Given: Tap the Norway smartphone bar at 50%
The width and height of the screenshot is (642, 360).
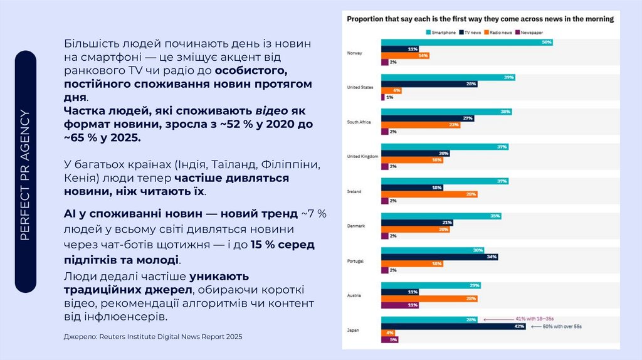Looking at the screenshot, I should click(x=467, y=42).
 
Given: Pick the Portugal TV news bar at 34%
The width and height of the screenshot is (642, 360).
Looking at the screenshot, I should click(x=439, y=256).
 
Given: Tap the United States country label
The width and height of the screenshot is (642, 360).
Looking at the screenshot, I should click(x=360, y=87).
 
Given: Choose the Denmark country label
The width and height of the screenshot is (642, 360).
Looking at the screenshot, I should click(x=355, y=225).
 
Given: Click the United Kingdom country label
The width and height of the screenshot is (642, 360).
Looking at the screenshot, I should click(x=362, y=156).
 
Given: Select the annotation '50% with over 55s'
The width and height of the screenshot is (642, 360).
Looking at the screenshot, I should click(x=562, y=327).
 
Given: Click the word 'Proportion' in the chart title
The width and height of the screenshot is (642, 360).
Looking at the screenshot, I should click(x=367, y=19).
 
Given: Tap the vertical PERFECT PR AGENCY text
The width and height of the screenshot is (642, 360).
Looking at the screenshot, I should click(x=25, y=175).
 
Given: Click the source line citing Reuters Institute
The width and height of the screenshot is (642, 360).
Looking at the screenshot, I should click(x=153, y=337).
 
